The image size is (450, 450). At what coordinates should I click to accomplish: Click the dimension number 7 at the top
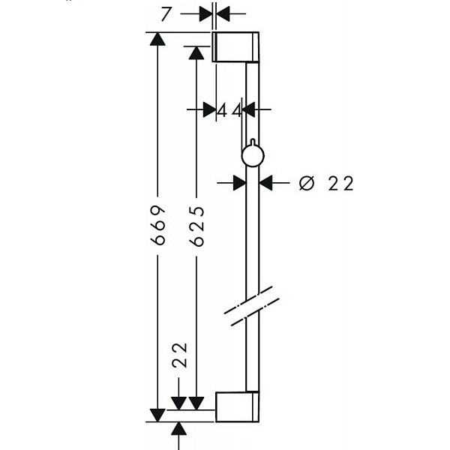[166, 14]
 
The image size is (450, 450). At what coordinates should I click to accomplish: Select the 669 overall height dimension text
[158, 225]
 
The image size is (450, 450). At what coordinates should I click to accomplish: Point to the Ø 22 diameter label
[326, 183]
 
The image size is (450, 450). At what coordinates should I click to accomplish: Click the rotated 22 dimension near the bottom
[179, 355]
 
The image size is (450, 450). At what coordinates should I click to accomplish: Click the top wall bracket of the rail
[235, 47]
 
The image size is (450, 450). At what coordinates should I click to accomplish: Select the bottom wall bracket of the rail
[237, 406]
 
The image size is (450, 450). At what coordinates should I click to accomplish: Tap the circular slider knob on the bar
[253, 156]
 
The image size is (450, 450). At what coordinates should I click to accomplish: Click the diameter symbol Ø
[307, 183]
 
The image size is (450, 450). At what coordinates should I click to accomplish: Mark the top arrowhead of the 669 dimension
[157, 39]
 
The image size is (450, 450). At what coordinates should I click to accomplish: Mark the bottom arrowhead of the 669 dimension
[157, 415]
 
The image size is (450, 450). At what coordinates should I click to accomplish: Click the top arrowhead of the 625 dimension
[196, 52]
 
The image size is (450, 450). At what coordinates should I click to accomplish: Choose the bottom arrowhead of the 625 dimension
[196, 403]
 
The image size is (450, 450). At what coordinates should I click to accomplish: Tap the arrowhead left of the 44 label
[209, 109]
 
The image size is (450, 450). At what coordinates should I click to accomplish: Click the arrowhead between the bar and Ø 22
[265, 182]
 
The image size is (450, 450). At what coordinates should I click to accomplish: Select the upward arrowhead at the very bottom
[178, 428]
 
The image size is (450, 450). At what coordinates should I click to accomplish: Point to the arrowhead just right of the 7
[223, 13]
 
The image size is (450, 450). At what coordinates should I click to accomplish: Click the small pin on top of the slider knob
[253, 142]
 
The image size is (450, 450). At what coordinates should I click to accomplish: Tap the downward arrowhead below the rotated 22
[178, 403]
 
